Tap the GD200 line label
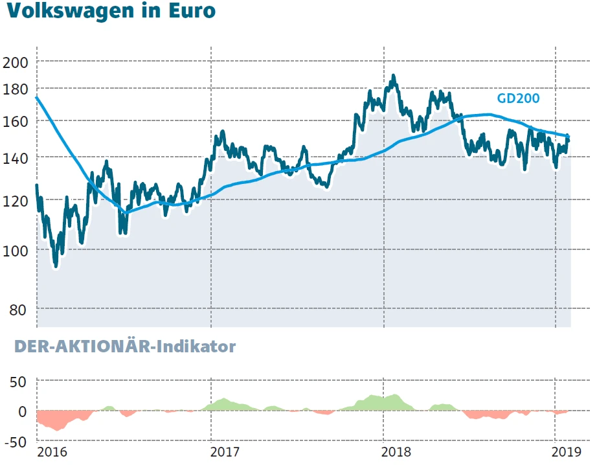[x=518, y=98]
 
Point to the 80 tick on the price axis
[x=18, y=310]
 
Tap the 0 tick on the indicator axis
[x=23, y=411]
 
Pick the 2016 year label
[x=51, y=451]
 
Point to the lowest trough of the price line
[x=56, y=265]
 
